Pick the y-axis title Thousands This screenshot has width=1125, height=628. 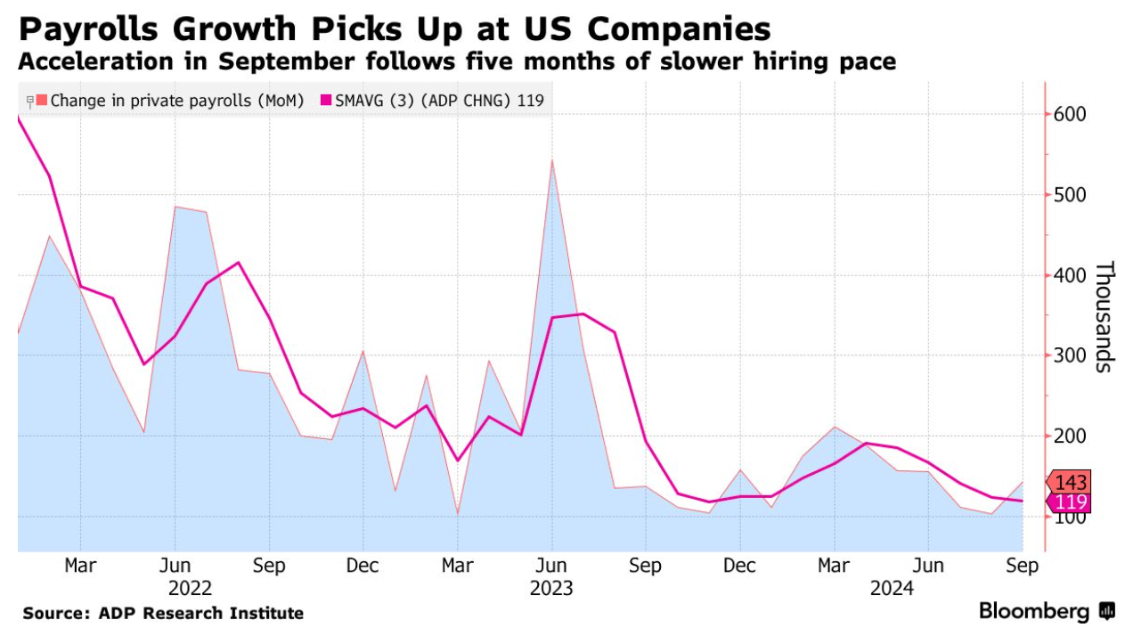1104,316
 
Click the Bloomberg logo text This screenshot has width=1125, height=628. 1034,611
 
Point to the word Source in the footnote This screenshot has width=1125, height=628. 53,614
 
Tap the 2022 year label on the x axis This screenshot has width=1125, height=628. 191,588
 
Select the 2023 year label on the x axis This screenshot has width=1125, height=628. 552,588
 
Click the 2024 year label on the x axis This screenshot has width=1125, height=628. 892,588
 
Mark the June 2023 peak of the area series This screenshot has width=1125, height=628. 552,161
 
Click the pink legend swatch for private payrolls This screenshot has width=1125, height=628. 43,101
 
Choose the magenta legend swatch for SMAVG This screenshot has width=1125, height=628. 326,101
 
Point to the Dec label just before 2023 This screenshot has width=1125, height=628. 363,566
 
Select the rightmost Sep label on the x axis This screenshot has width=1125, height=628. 1023,566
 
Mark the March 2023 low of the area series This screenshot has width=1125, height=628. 458,513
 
